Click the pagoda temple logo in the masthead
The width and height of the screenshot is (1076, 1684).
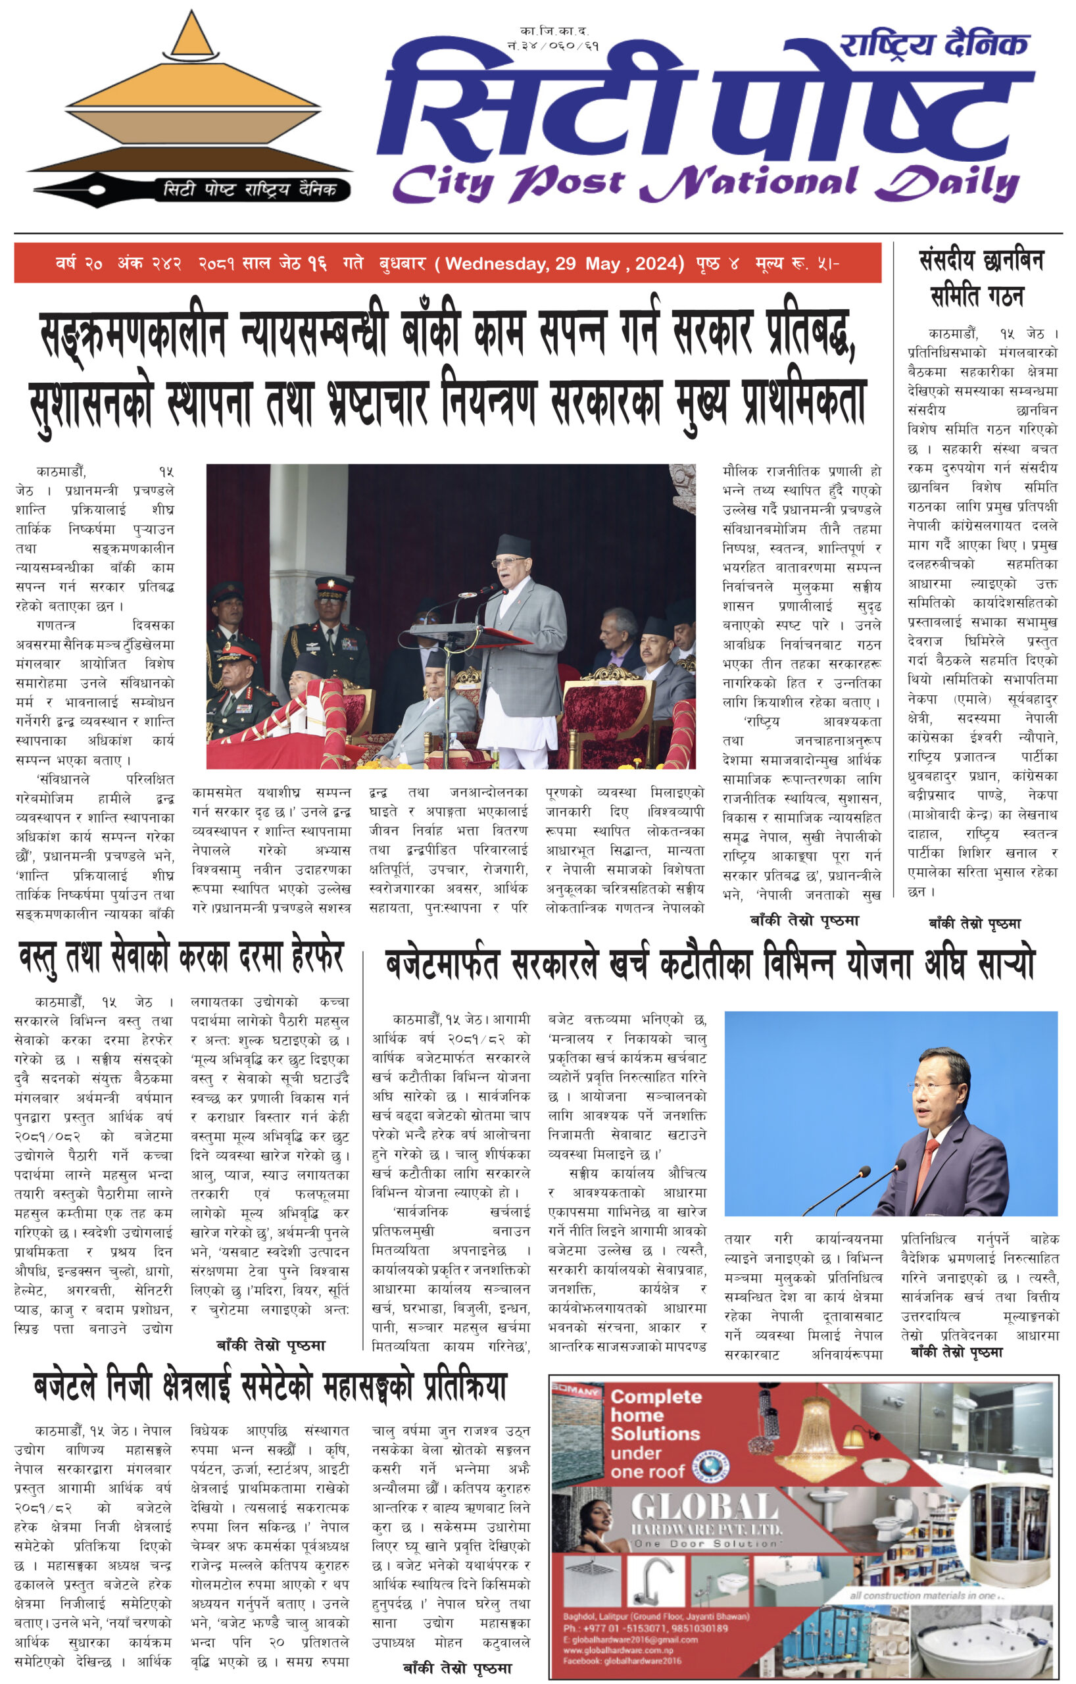[189, 98]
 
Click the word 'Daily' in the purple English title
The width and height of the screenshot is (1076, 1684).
[947, 184]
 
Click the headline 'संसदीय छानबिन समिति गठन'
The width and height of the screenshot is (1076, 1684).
[980, 278]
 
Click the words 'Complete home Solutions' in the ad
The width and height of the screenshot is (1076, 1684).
[655, 1415]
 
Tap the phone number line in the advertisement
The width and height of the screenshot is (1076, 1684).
[645, 1628]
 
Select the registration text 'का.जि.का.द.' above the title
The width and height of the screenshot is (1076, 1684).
[554, 32]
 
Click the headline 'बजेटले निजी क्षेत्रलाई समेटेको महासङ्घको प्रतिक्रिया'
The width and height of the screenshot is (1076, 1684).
[270, 1387]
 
